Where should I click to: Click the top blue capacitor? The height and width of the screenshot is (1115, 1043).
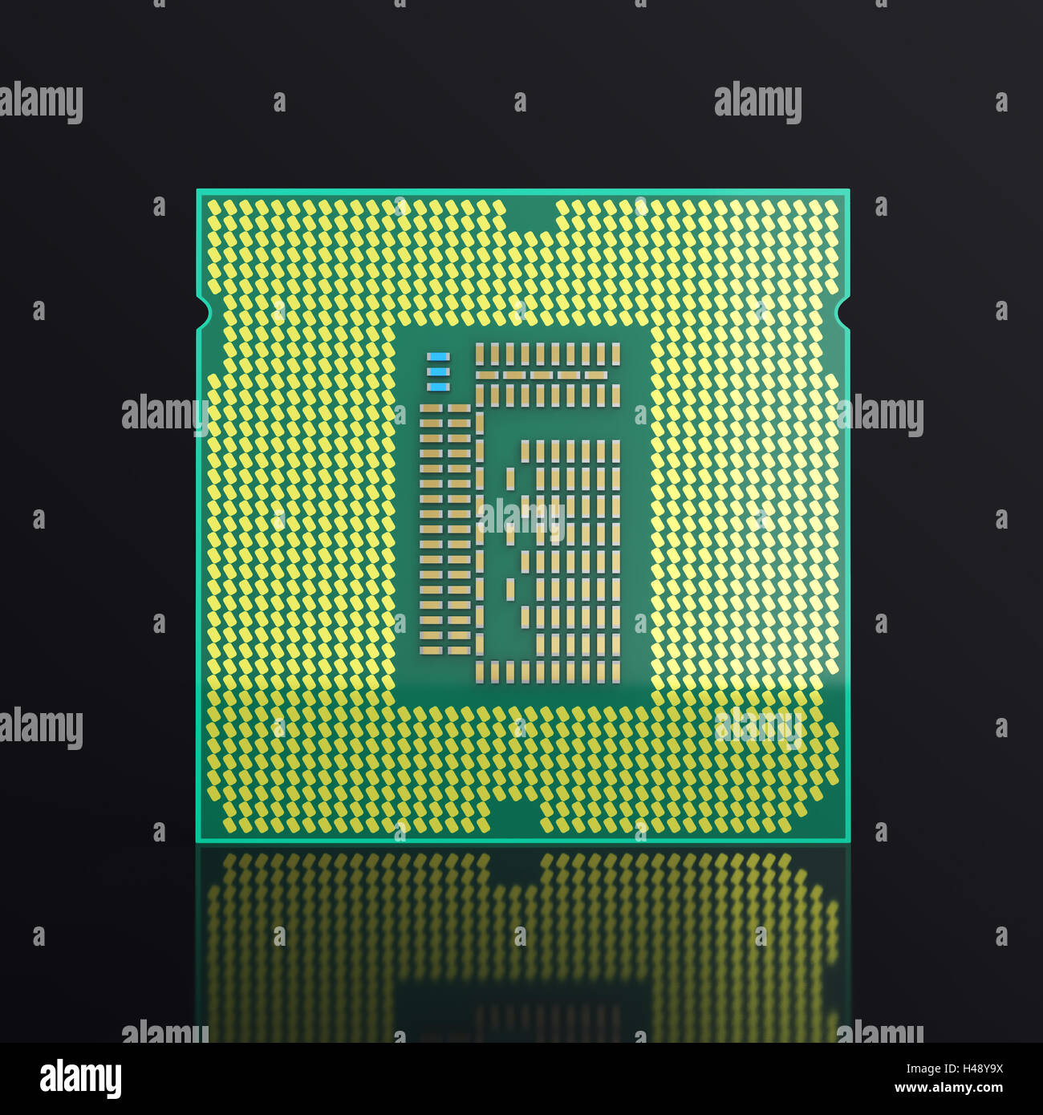(x=438, y=357)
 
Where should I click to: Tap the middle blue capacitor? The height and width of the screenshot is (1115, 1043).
(x=438, y=372)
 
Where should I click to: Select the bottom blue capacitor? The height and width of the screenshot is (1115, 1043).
(x=438, y=387)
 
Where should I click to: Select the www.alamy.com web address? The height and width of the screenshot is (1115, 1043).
(x=948, y=1089)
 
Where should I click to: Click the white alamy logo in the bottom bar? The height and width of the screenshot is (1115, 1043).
(x=81, y=1079)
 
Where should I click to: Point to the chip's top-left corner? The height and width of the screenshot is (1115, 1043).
(x=199, y=192)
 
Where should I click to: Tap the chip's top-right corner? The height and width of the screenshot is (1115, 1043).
(x=847, y=192)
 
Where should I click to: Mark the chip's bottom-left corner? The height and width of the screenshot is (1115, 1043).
(x=199, y=840)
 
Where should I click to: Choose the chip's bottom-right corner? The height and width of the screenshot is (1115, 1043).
(x=847, y=840)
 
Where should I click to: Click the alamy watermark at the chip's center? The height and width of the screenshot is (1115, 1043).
(x=521, y=518)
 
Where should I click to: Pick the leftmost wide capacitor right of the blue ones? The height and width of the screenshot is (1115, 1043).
(x=487, y=375)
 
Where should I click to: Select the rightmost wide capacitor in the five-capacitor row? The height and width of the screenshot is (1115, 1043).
(x=595, y=375)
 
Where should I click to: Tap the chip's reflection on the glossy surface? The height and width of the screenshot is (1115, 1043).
(x=521, y=939)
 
